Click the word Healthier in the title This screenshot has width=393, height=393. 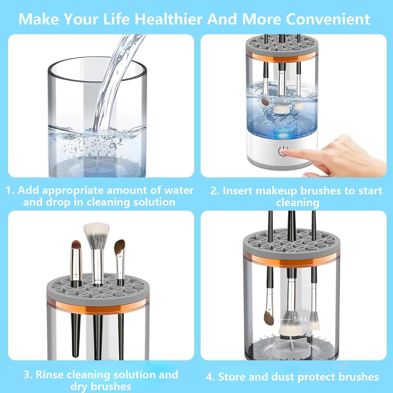click(x=169, y=19)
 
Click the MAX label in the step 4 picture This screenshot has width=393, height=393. click(x=300, y=319)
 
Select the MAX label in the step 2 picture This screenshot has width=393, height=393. click(x=289, y=101)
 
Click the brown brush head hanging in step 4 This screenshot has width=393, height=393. click(x=269, y=317)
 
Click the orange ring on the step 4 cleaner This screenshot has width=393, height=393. click(x=291, y=261)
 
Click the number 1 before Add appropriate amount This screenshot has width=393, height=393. click(x=9, y=190)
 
